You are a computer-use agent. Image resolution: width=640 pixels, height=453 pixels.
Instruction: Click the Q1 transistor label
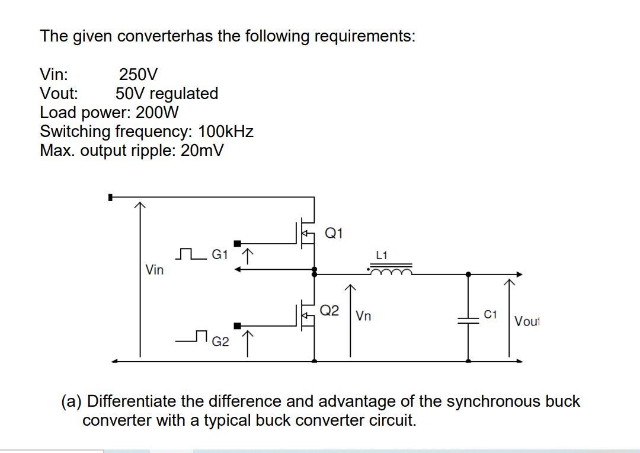tap(334, 233)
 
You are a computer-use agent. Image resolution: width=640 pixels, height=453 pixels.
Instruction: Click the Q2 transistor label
tap(329, 310)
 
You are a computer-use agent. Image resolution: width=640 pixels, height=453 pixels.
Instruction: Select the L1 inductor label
tap(382, 255)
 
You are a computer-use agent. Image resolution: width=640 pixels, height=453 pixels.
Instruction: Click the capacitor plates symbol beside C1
tap(469, 319)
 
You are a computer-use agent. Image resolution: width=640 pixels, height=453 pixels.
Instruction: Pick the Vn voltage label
tap(364, 316)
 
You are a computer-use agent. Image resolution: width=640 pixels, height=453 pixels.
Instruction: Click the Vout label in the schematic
tap(526, 321)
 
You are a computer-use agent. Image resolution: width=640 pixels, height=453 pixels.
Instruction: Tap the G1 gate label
tap(220, 255)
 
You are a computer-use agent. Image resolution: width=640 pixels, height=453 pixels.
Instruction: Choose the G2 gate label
tap(220, 342)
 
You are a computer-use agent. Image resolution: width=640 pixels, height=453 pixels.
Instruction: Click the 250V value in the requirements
tap(139, 75)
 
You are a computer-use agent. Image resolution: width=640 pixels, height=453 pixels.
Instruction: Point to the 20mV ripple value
tap(202, 150)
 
